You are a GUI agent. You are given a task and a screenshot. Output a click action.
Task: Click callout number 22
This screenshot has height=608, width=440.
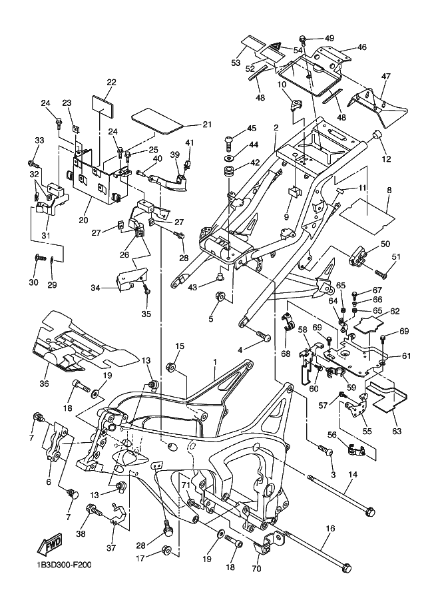pyautogui.click(x=111, y=83)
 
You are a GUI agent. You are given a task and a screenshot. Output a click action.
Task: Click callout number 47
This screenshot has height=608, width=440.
pyautogui.click(x=385, y=77)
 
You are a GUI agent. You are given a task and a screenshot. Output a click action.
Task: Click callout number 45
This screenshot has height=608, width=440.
pyautogui.click(x=251, y=129)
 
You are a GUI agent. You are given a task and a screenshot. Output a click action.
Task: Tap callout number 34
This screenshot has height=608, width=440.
pyautogui.click(x=96, y=288)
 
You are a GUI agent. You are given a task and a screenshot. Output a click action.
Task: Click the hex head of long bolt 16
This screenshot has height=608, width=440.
pyautogui.click(x=347, y=569)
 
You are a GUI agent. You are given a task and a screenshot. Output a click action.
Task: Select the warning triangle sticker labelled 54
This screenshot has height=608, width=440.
pyautogui.click(x=273, y=47)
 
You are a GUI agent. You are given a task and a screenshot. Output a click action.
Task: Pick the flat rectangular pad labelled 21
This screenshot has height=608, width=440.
pyautogui.click(x=156, y=119)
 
